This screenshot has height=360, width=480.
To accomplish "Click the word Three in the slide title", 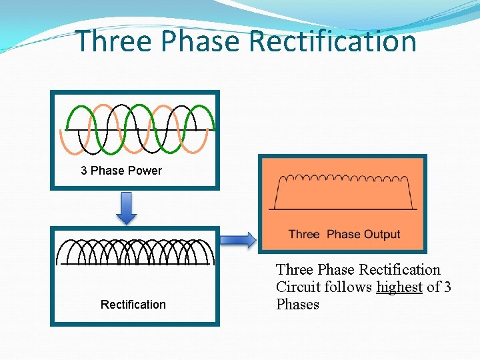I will tap(115, 41).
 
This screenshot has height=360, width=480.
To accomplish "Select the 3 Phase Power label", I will tap(121, 171).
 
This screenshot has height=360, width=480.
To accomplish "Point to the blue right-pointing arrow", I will tap(238, 240).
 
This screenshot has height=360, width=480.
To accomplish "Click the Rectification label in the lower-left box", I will tap(133, 305).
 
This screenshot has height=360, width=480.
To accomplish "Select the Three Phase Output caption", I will tap(344, 234).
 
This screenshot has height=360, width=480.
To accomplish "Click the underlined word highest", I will tap(399, 287).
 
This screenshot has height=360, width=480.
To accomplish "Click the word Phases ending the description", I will tap(297, 305).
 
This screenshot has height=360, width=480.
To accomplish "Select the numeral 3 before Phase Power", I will tap(84, 171).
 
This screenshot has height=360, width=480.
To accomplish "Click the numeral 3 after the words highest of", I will tap(447, 287).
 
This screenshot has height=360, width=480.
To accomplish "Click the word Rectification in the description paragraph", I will tap(399, 270).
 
